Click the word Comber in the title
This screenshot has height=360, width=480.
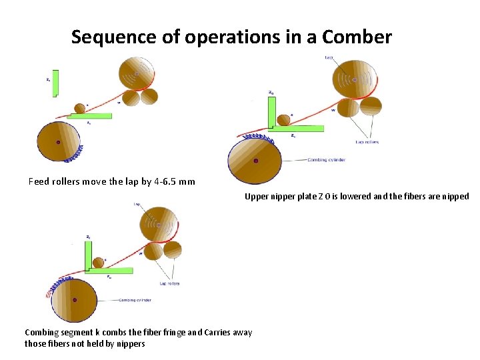click(x=357, y=37)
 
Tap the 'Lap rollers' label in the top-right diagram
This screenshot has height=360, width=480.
click(x=367, y=142)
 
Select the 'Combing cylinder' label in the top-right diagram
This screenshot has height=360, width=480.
click(x=326, y=160)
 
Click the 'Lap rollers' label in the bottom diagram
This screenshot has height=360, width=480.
click(x=169, y=283)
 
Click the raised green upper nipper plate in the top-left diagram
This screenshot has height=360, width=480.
click(x=55, y=83)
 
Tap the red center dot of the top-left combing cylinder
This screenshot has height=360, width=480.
click(x=59, y=142)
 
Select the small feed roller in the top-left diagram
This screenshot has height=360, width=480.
click(x=80, y=108)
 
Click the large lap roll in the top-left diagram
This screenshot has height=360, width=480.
click(x=137, y=73)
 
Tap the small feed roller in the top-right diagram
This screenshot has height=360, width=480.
click(x=284, y=120)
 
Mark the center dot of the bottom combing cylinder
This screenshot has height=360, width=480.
click(x=74, y=300)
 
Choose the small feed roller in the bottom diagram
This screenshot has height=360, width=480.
click(x=99, y=263)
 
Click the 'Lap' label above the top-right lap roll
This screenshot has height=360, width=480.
click(x=329, y=58)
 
